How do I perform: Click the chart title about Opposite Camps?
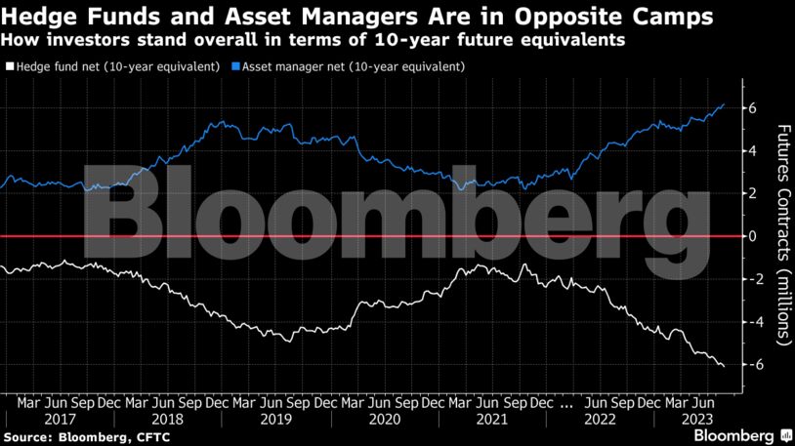pyautogui.click(x=356, y=18)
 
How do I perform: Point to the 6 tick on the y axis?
pyautogui.click(x=753, y=107)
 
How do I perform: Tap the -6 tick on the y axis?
pyautogui.click(x=750, y=365)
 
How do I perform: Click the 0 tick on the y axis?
pyautogui.click(x=753, y=236)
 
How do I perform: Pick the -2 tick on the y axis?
pyautogui.click(x=750, y=279)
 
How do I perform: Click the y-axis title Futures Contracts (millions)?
pyautogui.click(x=782, y=235)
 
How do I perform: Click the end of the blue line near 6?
pyautogui.click(x=724, y=103)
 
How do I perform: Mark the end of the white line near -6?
pyautogui.click(x=724, y=366)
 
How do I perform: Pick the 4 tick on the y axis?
pyautogui.click(x=753, y=150)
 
